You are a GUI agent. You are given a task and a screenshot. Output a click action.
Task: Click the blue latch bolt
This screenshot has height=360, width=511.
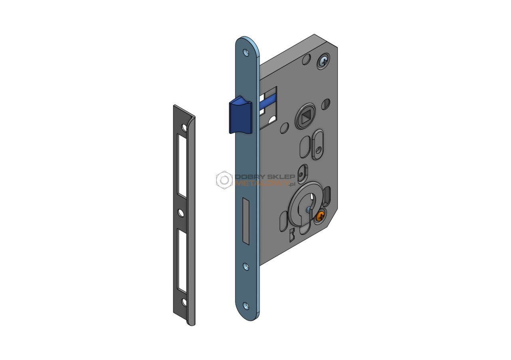pyautogui.click(x=240, y=115)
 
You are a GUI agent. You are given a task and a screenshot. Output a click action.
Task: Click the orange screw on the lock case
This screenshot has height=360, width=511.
pyautogui.click(x=320, y=216)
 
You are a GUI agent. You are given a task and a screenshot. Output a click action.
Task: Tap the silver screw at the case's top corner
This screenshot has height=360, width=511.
pyautogui.click(x=323, y=60)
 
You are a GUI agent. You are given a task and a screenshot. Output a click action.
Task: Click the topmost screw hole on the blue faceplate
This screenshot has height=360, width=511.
pyautogui.click(x=246, y=53)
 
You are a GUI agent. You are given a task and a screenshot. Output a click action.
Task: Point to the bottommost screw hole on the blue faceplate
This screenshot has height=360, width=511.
pyautogui.click(x=246, y=305)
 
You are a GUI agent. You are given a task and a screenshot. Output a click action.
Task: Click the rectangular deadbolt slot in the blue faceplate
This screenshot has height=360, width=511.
pyautogui.click(x=246, y=221)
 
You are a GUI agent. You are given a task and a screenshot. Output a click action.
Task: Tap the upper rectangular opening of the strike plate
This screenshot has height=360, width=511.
pyautogui.click(x=182, y=166)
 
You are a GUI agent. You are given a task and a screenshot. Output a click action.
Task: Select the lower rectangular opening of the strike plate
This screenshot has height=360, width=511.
pyautogui.click(x=182, y=261)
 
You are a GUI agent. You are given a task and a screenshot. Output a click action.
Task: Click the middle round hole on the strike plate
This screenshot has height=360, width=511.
pyautogui.click(x=181, y=213)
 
